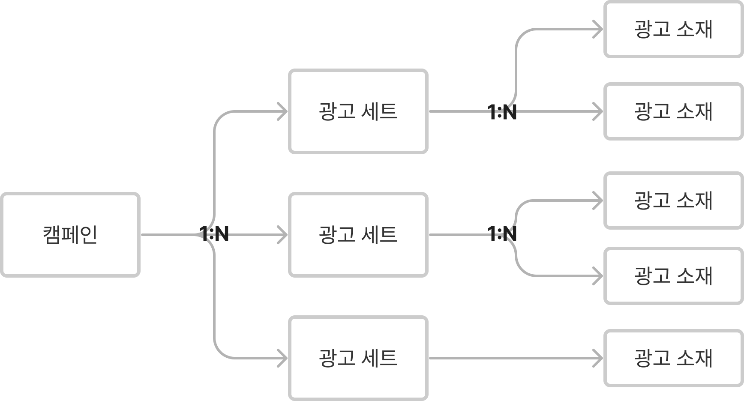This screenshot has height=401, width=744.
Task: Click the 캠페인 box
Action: (70, 235)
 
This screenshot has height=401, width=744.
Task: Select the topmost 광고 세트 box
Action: (358, 111)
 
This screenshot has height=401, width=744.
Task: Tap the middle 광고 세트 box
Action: (358, 235)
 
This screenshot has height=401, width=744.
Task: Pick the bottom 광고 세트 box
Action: (358, 358)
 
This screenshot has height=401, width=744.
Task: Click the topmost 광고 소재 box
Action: (673, 29)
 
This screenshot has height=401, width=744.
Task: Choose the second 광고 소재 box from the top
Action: (673, 111)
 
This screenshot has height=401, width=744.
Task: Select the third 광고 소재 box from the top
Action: (673, 200)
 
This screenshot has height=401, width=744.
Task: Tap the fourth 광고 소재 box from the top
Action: (673, 276)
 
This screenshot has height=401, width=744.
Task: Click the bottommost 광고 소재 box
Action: (673, 358)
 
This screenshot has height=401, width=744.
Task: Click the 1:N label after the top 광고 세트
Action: (504, 111)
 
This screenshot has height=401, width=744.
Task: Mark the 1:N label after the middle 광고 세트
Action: (504, 235)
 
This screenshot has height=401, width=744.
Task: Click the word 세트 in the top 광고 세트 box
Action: (379, 111)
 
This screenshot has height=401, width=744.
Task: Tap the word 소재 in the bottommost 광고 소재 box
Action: (694, 358)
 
